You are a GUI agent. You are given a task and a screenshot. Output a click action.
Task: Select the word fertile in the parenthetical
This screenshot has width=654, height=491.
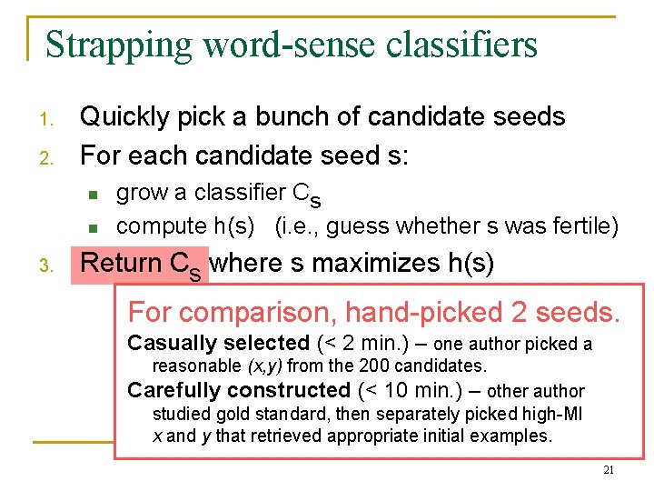tap(576, 225)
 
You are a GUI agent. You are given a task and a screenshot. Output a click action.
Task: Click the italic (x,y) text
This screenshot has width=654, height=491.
tap(265, 366)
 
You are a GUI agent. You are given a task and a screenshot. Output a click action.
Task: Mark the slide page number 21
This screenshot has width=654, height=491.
tap(609, 470)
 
